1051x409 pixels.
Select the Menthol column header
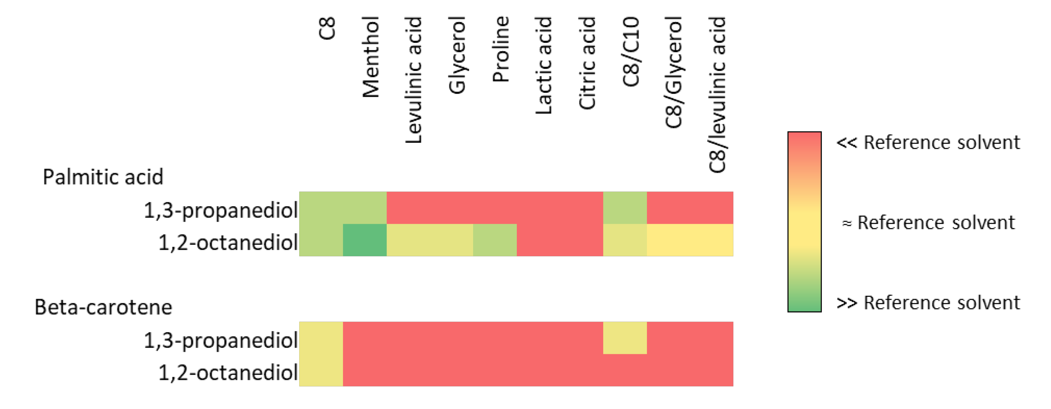[370, 57]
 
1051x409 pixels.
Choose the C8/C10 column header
[631, 52]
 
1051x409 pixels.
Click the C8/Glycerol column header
[674, 72]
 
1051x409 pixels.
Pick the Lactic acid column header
[544, 65]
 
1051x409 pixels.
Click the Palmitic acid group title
[103, 177]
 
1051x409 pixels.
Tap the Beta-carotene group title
[103, 307]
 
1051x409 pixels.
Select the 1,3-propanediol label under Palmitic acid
[221, 211]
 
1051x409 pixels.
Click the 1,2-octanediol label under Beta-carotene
[228, 372]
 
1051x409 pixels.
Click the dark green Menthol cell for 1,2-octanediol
[365, 240]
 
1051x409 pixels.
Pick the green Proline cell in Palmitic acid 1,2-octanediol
[495, 240]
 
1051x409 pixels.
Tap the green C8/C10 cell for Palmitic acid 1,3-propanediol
[625, 208]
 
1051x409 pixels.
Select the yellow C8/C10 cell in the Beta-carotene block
[625, 338]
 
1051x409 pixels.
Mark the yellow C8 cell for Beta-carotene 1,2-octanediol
[321, 370]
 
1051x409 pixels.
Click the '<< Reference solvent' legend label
[928, 143]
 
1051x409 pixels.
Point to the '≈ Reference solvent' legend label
[928, 223]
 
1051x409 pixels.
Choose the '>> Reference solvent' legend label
[928, 303]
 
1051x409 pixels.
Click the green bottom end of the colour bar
[804, 304]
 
